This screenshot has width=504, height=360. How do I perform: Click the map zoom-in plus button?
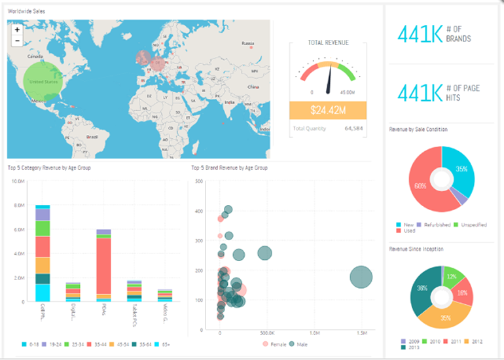[x=16, y=29]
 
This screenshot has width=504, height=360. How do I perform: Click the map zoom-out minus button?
[x=16, y=41]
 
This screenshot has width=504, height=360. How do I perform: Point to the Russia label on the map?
[x=247, y=44]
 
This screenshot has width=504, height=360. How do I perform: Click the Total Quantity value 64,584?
[x=354, y=128]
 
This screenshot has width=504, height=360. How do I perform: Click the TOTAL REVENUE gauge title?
[x=328, y=43]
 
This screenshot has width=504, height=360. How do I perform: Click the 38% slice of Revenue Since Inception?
[x=423, y=289]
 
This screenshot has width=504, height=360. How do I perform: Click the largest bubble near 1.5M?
[x=361, y=277]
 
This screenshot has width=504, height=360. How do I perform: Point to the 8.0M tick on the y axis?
[x=18, y=205]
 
